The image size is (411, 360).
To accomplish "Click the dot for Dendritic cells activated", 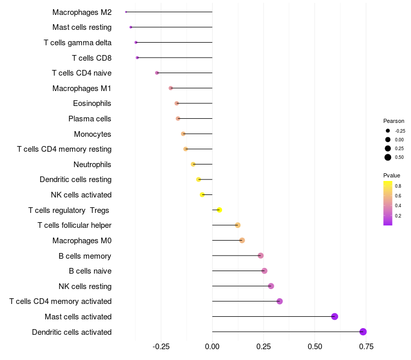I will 363,332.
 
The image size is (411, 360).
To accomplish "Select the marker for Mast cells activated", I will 334,316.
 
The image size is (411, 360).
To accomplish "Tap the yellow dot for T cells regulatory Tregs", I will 219,210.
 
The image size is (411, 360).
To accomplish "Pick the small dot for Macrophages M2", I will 126,12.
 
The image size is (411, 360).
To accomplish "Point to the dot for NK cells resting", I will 271,286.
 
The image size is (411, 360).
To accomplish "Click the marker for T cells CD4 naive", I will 157,73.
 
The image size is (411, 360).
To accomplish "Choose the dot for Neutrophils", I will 193,165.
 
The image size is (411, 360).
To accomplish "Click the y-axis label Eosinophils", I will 92,103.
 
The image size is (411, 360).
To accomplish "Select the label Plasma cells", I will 90,119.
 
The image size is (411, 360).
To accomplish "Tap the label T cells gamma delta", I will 78,42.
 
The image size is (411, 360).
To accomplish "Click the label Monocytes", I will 92,134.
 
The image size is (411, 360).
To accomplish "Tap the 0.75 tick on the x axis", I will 366,347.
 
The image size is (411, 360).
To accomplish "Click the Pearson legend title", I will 394,121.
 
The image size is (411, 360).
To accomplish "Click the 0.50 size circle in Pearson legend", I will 388,157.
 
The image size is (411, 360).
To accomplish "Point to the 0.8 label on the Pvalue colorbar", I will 398,186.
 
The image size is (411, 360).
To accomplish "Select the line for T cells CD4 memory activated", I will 246,301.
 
